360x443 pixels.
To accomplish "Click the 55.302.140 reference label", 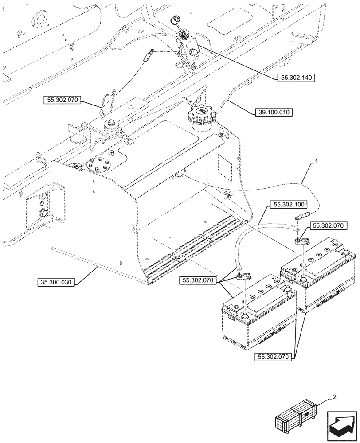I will [296, 78].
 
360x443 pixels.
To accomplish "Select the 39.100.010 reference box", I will [274, 113].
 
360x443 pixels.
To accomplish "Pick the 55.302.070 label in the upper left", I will [62, 101].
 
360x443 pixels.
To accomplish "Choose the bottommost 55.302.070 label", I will [273, 356].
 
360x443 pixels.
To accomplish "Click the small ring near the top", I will [176, 19].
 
